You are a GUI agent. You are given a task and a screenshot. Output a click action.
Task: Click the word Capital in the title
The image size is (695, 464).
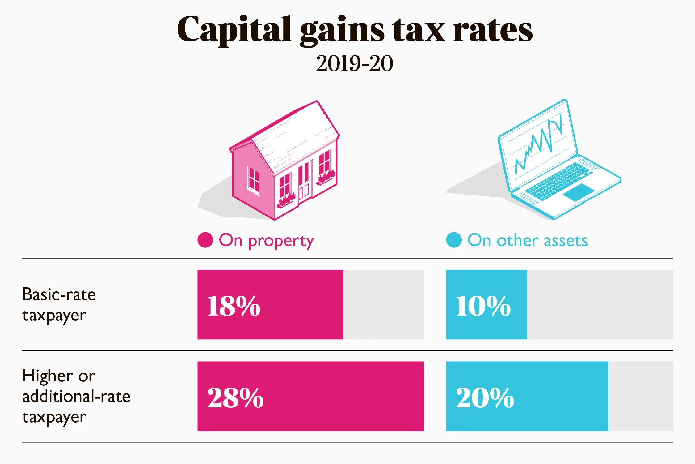coord(234,30)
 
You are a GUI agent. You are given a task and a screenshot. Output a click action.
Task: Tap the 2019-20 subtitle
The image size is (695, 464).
coord(354,64)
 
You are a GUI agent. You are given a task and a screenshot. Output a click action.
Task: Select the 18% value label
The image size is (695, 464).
coord(234,306)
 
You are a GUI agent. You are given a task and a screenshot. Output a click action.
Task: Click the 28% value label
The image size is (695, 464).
coord(235,398)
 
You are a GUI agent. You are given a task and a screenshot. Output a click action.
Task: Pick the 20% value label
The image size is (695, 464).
coord(485,398)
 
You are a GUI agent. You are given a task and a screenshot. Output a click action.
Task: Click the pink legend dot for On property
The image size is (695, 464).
coord(205,240)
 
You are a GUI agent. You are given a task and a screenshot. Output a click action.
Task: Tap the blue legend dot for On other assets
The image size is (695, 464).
coord(454,240)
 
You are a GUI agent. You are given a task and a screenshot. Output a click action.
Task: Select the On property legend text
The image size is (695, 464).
coord(266,241)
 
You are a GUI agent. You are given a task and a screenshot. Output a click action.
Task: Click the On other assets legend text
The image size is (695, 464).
coord(527,240)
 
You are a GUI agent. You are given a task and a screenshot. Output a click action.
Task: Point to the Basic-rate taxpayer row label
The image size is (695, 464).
coord(59,305)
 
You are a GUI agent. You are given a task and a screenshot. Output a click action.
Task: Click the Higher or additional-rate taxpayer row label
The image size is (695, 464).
coord(76,396)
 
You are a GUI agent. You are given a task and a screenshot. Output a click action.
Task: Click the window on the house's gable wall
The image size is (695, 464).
coord(254,180)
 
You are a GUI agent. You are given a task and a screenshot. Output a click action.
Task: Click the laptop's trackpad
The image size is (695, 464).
coord(578,192)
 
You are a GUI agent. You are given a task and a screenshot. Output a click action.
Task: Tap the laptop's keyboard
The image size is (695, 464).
coord(558,181)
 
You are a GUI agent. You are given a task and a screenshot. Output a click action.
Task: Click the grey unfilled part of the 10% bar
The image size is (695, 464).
coord(599,305)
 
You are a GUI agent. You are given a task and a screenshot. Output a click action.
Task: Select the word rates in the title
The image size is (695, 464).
coord(492,30)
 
